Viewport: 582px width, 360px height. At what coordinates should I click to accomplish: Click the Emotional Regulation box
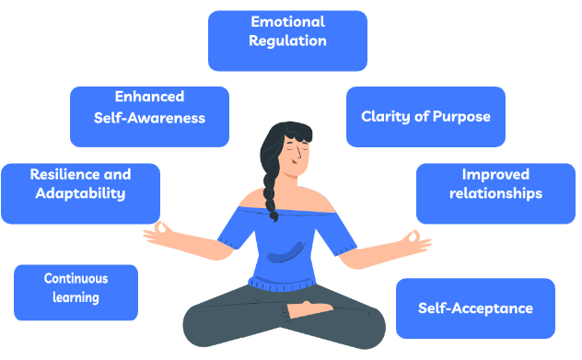(287, 41)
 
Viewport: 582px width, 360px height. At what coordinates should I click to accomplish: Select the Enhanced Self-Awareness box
(149, 116)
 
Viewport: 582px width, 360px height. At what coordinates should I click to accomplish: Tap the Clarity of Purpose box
(425, 117)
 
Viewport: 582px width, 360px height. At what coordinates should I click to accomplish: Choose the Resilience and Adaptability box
(80, 193)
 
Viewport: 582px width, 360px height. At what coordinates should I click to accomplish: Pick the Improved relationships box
(495, 193)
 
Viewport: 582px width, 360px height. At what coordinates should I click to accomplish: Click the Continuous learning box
(76, 292)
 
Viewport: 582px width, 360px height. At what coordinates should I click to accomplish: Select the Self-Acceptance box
(475, 308)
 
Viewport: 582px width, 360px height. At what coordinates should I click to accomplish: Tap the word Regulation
(287, 41)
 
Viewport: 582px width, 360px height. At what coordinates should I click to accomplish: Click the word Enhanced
(149, 97)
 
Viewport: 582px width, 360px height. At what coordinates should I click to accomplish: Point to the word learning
(76, 298)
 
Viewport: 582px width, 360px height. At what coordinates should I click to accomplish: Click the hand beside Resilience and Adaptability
(163, 229)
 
